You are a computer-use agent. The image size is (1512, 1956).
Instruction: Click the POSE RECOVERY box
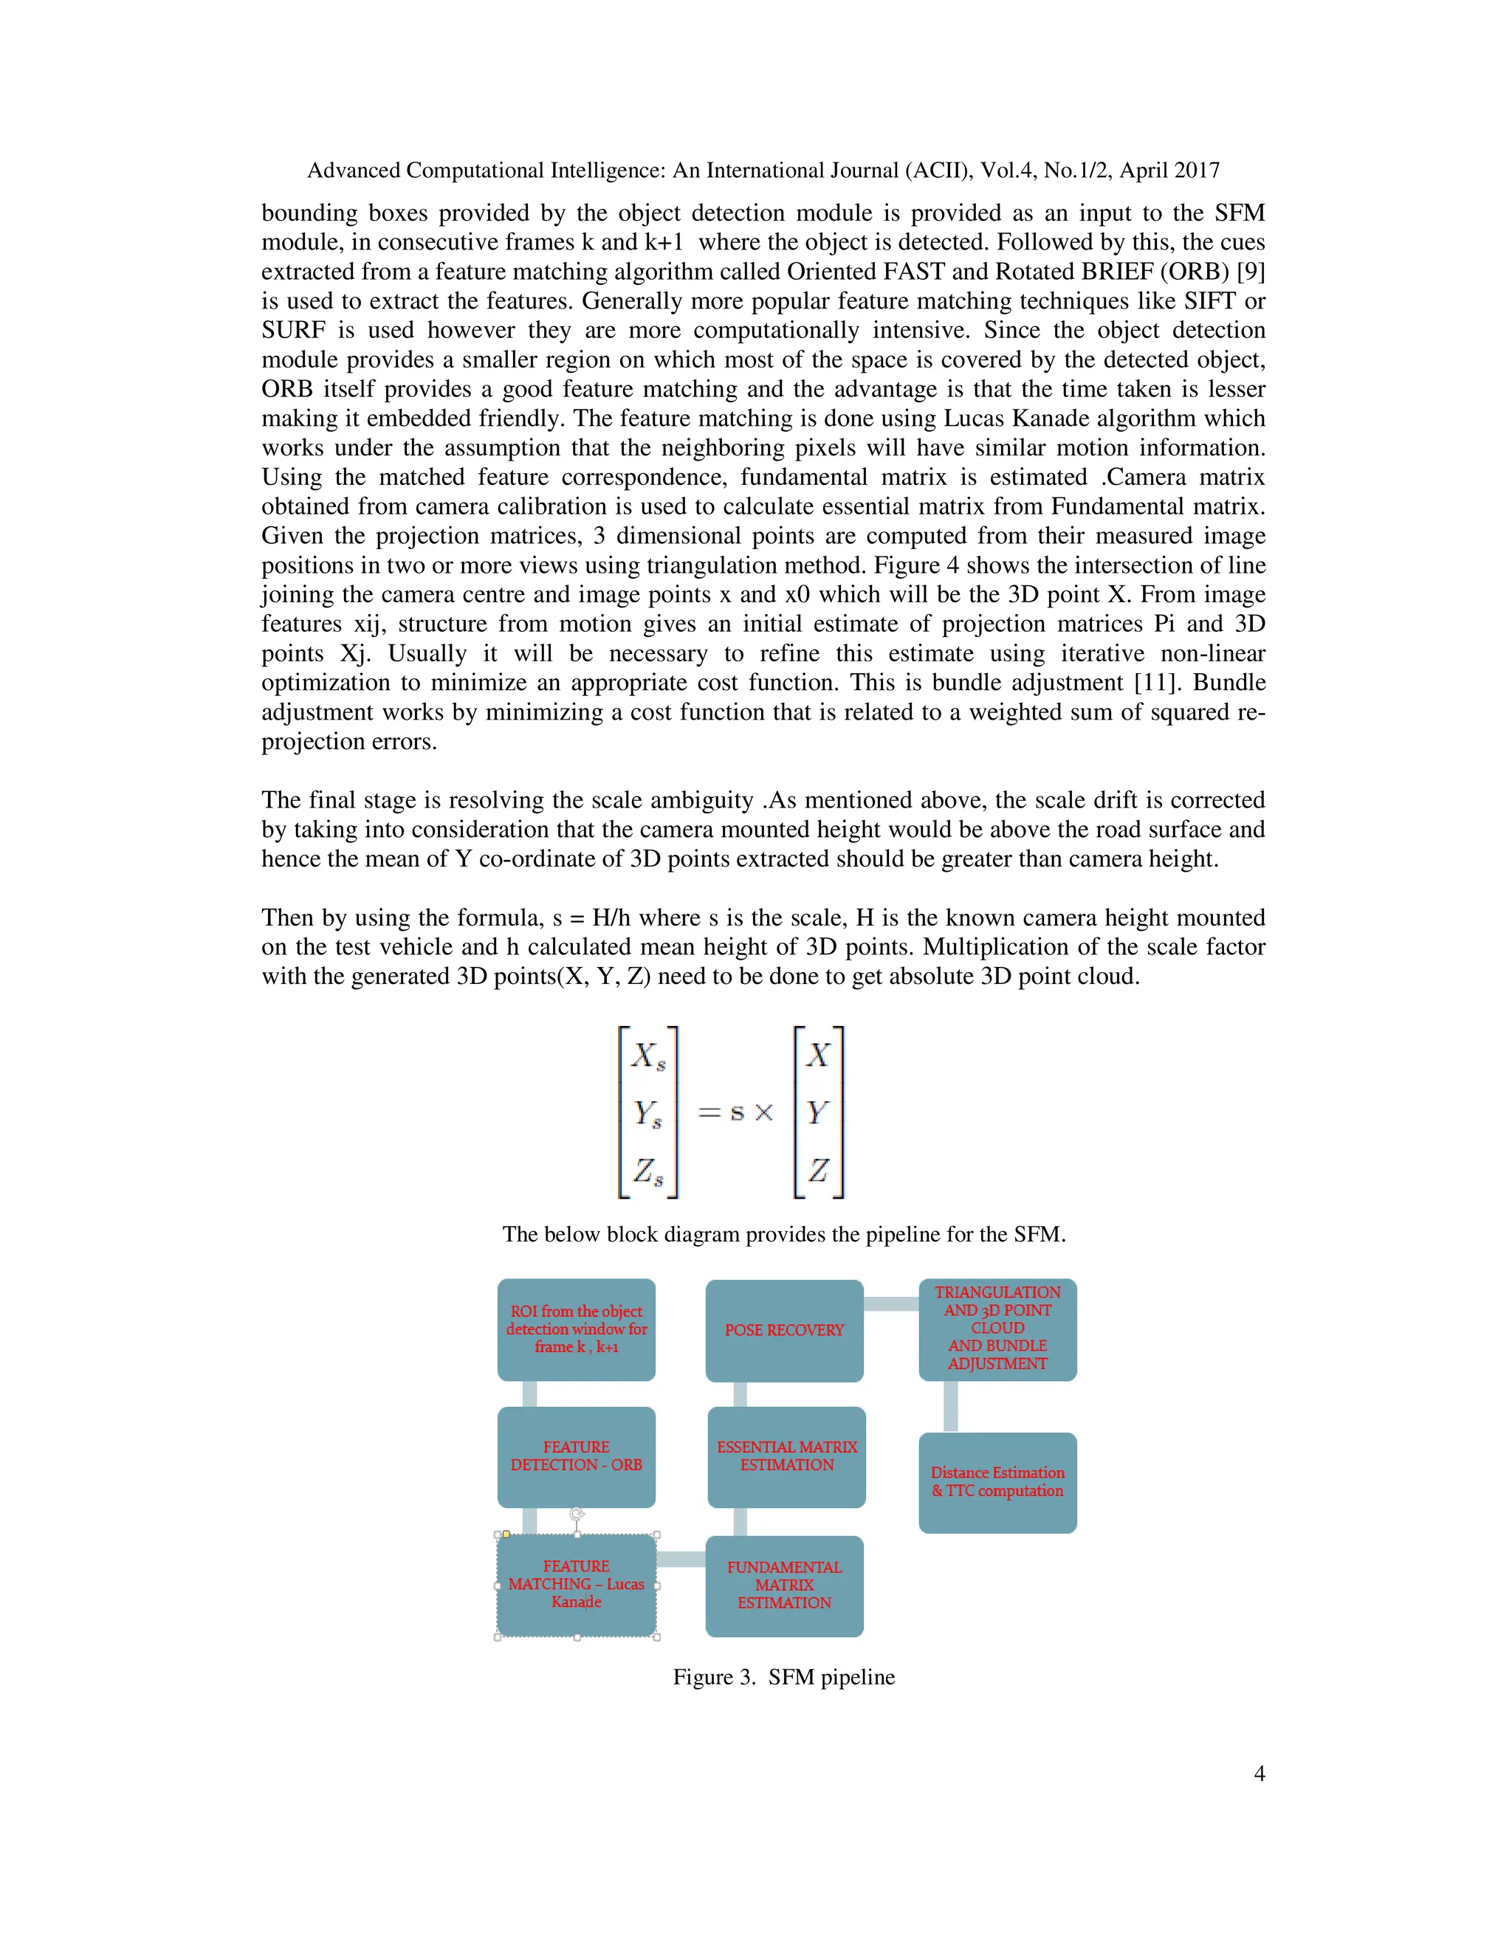point(784,1330)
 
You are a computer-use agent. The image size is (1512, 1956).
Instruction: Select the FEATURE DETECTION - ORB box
point(576,1456)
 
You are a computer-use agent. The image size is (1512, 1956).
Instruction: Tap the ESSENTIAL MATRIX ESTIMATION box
point(786,1456)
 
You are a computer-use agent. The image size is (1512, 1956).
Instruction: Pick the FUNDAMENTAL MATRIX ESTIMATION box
point(784,1586)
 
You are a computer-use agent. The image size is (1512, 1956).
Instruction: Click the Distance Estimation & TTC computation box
point(997,1482)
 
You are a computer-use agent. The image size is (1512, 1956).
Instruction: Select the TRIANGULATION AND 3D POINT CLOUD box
point(997,1329)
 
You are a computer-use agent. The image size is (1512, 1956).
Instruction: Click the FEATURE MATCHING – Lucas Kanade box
point(576,1586)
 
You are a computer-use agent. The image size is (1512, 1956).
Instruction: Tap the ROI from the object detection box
point(576,1329)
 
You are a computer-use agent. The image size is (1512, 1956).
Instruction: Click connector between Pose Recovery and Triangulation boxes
point(891,1304)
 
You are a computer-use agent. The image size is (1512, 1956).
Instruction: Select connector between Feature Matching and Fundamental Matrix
point(681,1559)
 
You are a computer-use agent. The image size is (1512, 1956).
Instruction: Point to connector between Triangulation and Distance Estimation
point(950,1406)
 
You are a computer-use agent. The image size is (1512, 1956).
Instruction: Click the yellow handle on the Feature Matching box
point(506,1535)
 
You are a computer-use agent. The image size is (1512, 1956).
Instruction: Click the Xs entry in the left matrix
point(647,1056)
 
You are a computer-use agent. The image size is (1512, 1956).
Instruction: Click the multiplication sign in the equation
point(763,1113)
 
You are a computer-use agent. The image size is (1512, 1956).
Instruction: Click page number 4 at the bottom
point(1259,1773)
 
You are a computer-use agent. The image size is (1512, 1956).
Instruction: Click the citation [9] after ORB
point(1251,272)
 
